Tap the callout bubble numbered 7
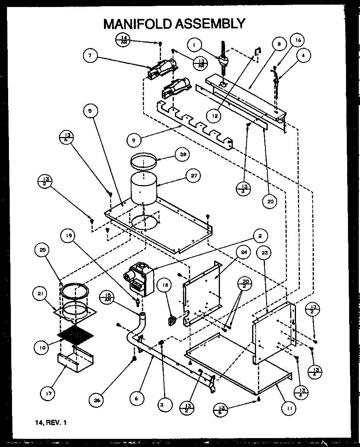90,55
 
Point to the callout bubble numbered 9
133,140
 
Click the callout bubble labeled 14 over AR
123,40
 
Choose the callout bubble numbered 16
298,40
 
